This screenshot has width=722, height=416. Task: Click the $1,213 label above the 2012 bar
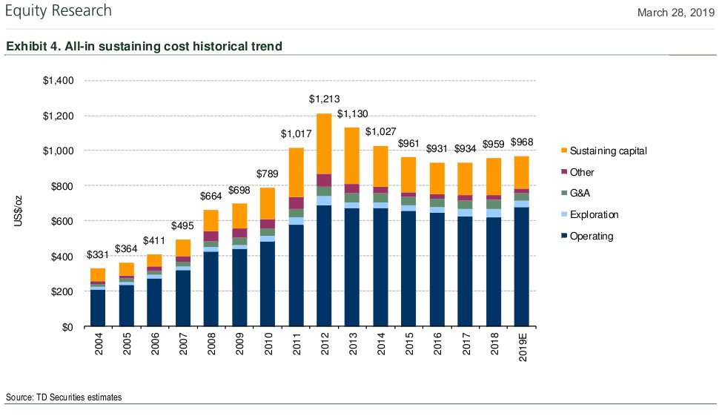[323, 99]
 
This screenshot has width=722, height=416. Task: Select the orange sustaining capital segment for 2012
[323, 144]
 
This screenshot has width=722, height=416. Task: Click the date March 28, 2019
[676, 12]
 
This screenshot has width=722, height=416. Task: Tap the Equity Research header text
[59, 11]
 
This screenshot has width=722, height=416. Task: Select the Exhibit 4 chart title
[144, 47]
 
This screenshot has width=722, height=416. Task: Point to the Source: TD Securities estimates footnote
[64, 397]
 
